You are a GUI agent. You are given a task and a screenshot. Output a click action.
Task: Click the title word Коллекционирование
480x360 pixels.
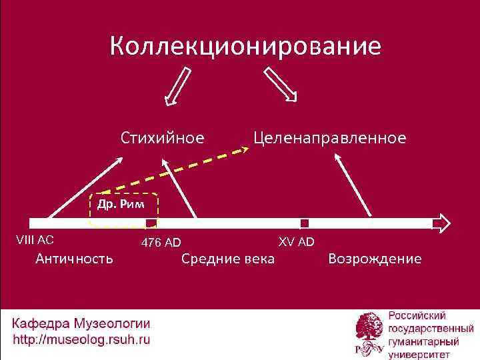(245, 47)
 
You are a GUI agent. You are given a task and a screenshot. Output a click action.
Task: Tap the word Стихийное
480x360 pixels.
(162, 138)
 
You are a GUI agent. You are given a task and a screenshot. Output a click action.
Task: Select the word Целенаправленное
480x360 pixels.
(329, 138)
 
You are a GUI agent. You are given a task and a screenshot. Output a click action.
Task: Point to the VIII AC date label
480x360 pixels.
(35, 239)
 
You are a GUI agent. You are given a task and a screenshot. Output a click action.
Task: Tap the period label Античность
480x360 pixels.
(75, 258)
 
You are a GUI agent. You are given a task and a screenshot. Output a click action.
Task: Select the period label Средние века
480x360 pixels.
(227, 258)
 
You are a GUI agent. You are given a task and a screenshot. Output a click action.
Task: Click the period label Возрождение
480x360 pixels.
(375, 258)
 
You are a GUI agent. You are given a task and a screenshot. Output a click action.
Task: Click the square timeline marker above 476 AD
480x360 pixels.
(151, 223)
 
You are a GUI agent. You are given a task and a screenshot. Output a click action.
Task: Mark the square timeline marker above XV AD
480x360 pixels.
(305, 223)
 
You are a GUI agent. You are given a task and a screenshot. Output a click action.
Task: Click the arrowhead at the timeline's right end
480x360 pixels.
(442, 223)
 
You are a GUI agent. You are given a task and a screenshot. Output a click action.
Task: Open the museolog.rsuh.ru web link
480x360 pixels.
(81, 339)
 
